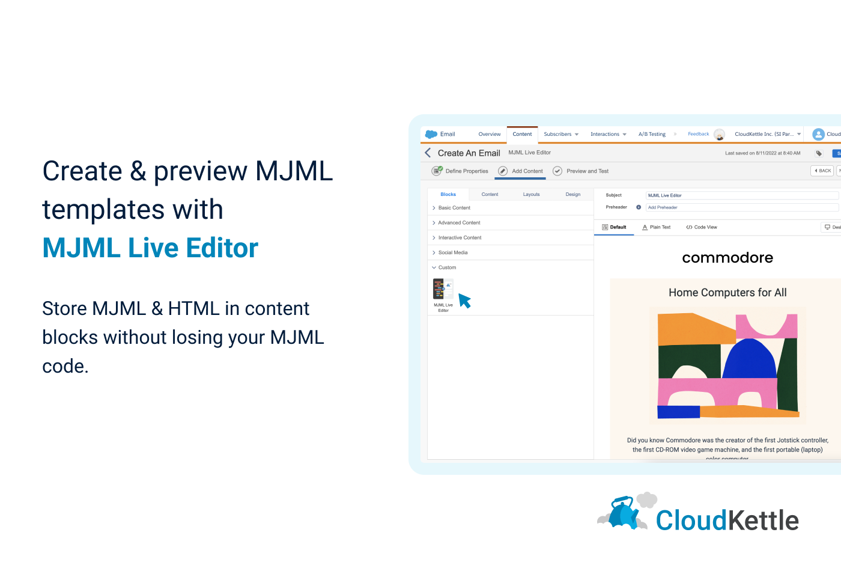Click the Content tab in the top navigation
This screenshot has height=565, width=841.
point(522,134)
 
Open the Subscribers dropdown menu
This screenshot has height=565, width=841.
point(561,134)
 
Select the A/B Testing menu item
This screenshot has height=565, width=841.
point(652,134)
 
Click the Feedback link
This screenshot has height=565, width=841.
point(698,134)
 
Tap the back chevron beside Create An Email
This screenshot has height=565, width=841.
point(428,153)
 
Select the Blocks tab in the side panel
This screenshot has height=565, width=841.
point(448,194)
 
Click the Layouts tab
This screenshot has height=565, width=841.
point(531,194)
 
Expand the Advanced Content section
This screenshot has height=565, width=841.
point(459,222)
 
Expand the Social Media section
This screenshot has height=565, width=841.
point(453,252)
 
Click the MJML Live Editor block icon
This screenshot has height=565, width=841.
point(443,289)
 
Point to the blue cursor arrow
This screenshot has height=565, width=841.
point(464,299)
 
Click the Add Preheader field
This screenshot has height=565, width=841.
point(741,207)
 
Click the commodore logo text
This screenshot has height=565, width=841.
point(727,258)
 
